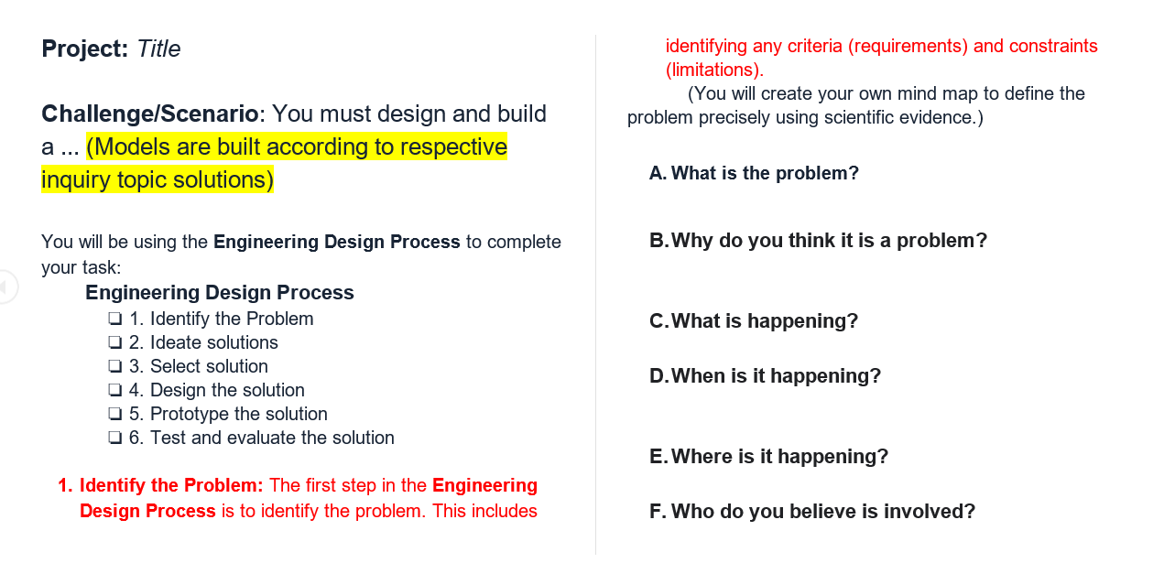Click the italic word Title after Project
pos(158,49)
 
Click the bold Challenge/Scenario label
pos(149,114)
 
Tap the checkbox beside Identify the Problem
pos(114,319)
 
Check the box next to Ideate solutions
pos(114,343)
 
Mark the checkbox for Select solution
pos(114,367)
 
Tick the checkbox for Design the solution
pos(114,391)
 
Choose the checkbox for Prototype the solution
pos(114,415)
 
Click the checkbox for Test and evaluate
pos(114,438)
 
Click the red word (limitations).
pos(714,70)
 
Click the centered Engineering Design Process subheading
pos(220,293)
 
